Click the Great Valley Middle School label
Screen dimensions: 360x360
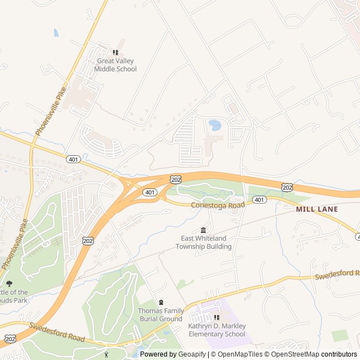(116, 65)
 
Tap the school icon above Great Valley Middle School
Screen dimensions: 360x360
(116, 53)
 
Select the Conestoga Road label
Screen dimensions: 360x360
(218, 205)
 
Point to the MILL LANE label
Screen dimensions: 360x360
(317, 209)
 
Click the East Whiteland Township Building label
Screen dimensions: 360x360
(203, 242)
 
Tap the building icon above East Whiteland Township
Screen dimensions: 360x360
(203, 230)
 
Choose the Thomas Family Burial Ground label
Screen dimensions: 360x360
(161, 314)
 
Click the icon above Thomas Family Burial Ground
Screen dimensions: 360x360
(161, 303)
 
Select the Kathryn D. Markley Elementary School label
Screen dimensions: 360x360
(217, 330)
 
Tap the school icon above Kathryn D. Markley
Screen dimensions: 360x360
(217, 318)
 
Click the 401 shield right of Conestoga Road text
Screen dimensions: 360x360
(259, 200)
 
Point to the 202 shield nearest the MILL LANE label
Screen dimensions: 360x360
(287, 187)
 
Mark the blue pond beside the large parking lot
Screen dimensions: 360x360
(215, 124)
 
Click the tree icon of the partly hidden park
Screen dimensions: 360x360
(9, 283)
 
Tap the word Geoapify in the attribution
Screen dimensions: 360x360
(192, 354)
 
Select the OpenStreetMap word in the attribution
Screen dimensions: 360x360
(292, 354)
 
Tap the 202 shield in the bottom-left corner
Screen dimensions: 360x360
(10, 338)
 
